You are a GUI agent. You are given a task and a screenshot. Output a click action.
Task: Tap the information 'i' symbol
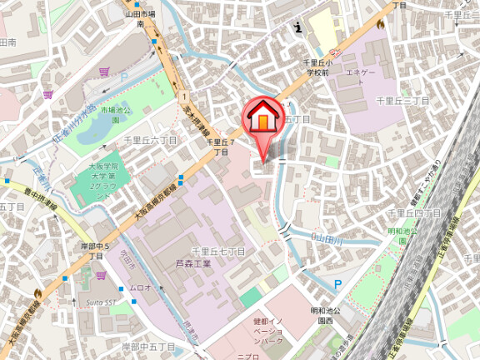(298, 27)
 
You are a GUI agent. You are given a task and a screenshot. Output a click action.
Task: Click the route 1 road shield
(182, 97)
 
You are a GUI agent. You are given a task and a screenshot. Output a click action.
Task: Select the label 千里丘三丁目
(402, 101)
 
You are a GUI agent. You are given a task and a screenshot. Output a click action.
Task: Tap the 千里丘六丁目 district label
(150, 141)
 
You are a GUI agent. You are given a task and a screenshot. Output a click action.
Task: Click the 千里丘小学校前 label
(318, 67)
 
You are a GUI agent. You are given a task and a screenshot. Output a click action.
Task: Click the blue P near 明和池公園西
(337, 285)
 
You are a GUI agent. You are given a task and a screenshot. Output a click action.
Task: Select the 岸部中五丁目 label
(147, 346)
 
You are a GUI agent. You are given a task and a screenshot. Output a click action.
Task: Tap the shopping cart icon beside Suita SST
(101, 276)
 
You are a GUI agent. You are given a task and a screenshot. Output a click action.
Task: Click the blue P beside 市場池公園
(124, 77)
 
